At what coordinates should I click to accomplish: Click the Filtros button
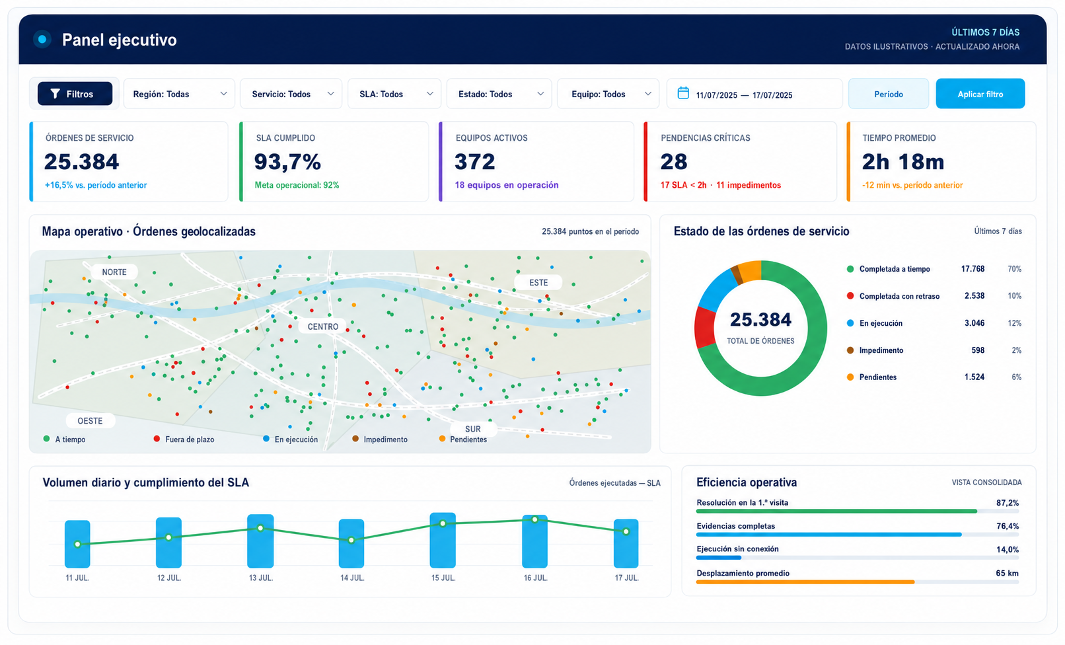pyautogui.click(x=75, y=94)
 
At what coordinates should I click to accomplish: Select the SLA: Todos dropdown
pyautogui.click(x=394, y=94)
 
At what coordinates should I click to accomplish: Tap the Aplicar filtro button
pyautogui.click(x=980, y=94)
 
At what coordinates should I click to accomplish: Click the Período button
pyautogui.click(x=888, y=94)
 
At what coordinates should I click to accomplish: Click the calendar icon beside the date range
pyautogui.click(x=683, y=93)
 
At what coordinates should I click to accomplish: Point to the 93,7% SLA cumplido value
pyautogui.click(x=287, y=162)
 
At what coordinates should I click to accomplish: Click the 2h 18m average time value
pyautogui.click(x=903, y=162)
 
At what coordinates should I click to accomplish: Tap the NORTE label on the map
pyautogui.click(x=114, y=272)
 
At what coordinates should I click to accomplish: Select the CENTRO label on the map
pyautogui.click(x=323, y=326)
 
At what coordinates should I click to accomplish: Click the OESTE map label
pyautogui.click(x=90, y=421)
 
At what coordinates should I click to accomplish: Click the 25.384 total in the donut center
pyautogui.click(x=760, y=320)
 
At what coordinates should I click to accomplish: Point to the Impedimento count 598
pyautogui.click(x=978, y=350)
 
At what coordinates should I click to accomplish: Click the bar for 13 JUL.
pyautogui.click(x=260, y=541)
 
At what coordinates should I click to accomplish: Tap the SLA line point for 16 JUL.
pyautogui.click(x=535, y=520)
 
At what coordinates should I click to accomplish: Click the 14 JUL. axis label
pyautogui.click(x=352, y=578)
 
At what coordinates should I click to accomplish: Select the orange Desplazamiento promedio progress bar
pyautogui.click(x=805, y=582)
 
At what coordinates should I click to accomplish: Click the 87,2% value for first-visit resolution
pyautogui.click(x=1008, y=503)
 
